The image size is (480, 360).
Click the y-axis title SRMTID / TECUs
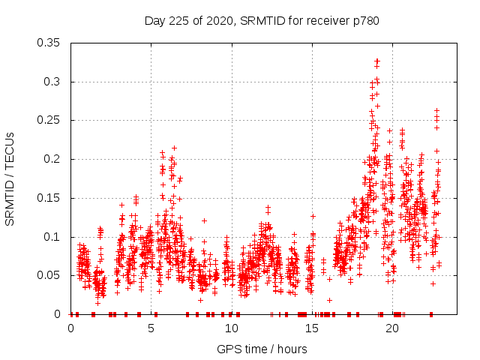click(x=10, y=178)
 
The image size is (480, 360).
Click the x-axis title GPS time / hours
click(x=262, y=349)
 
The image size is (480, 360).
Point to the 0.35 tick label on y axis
click(x=49, y=43)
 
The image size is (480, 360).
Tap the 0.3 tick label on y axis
click(x=52, y=82)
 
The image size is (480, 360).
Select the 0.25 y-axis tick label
click(x=49, y=120)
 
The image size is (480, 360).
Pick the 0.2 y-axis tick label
click(x=52, y=159)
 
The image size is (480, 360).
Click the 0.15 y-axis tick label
click(x=49, y=198)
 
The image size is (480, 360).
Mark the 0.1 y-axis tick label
click(x=52, y=237)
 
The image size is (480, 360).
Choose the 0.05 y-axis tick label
click(x=49, y=275)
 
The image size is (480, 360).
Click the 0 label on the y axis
click(x=59, y=314)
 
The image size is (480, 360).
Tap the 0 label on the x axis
click(x=71, y=328)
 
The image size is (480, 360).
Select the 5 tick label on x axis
click(x=151, y=328)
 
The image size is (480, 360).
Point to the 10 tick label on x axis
click(x=232, y=328)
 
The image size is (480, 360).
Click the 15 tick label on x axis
click(x=312, y=328)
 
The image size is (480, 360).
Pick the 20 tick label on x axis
click(x=392, y=328)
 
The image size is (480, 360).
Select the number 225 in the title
click(x=178, y=20)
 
